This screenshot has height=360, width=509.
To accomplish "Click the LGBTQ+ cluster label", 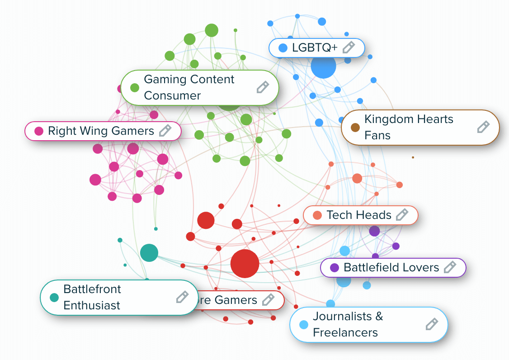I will coord(315,47).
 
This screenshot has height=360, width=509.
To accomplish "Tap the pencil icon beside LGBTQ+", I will coord(349,47).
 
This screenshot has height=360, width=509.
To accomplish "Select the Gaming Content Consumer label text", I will coord(189,87).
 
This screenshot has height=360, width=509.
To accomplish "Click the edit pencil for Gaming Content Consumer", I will coord(263,87).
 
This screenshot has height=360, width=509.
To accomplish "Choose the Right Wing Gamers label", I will coord(101,131).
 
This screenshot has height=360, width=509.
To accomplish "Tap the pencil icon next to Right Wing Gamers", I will coord(165,131).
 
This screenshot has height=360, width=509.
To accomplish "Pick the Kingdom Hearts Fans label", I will coord(409,127).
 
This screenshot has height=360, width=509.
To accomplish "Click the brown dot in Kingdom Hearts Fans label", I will coord(355,127).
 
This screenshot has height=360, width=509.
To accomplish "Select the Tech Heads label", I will coord(359,215).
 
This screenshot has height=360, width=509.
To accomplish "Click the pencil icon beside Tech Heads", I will coord(402,215).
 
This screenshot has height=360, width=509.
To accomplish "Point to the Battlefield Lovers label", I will coord(391,267).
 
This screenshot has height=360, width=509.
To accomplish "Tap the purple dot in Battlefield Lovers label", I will coord(335,267).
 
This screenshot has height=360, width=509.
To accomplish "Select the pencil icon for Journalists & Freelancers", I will coord(432,324).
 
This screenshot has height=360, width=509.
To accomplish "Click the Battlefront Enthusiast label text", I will coord(92,297).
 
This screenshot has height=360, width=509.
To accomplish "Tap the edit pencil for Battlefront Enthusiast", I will coord(182,297).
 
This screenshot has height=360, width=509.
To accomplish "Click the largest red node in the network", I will coord(245,263).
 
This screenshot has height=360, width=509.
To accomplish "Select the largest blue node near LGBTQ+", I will coord(323,66).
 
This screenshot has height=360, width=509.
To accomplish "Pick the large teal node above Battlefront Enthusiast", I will coord(149,253).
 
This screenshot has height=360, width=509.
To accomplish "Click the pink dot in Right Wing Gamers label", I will coord(39,131).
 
